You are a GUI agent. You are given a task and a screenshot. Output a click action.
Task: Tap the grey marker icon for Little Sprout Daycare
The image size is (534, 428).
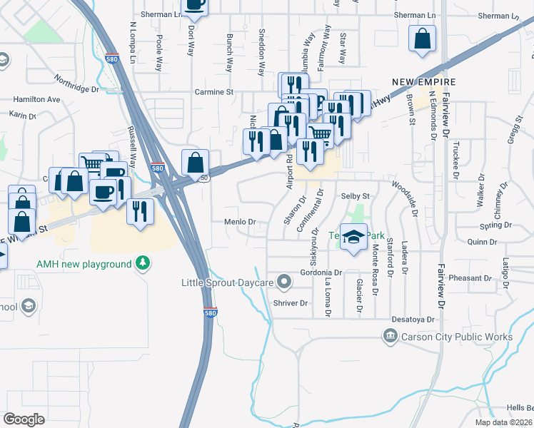coord(285,282)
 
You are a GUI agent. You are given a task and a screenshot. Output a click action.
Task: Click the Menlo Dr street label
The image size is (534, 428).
coord(241,222)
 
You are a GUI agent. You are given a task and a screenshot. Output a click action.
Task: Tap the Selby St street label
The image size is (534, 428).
coord(356,196)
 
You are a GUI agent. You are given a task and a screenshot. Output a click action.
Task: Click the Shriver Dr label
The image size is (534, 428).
coord(290,303)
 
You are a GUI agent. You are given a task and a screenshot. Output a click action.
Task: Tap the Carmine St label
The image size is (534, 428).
coord(214,92)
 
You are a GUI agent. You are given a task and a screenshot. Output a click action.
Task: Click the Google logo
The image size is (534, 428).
coord(24,419)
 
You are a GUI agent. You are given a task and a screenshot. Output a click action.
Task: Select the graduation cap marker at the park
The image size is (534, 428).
coord(353,238)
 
